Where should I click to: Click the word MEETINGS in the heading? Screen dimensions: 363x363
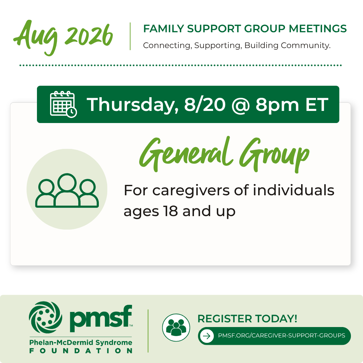coord(318,29)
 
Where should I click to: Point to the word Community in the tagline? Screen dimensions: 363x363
coord(306,45)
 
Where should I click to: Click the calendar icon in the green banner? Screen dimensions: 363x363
coord(63,104)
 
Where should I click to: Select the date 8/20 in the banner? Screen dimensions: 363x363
coord(205,105)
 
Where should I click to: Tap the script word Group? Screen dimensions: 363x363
coord(274,155)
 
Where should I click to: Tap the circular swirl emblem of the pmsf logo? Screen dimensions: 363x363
coord(46,317)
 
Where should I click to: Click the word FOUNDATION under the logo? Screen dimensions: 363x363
coord(81,351)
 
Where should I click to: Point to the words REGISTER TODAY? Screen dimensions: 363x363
coord(247,319)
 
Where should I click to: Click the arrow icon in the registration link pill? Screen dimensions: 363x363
coord(207,336)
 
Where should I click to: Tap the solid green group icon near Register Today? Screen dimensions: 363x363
coord(176,327)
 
